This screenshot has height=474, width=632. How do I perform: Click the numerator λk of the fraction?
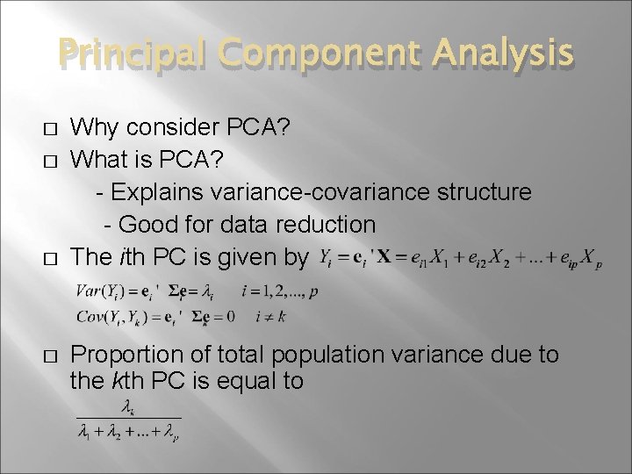[x=128, y=408]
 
